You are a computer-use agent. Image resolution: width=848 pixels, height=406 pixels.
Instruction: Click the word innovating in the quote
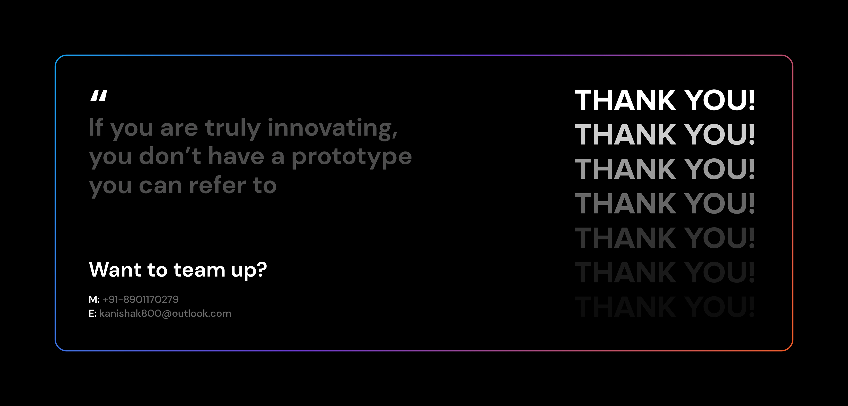[333, 128]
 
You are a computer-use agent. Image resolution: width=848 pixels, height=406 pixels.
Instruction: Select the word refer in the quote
[218, 185]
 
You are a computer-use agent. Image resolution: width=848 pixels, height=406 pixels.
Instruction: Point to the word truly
[233, 128]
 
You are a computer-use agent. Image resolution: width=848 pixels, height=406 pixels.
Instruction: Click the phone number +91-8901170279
[141, 299]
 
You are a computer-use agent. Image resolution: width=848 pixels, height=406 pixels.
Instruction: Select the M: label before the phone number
[94, 299]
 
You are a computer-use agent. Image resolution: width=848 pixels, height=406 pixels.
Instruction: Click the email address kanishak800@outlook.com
[165, 314]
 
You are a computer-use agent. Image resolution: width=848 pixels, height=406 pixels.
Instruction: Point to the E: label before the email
[93, 314]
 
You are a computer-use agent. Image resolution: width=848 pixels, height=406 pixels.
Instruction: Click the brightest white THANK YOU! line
[665, 100]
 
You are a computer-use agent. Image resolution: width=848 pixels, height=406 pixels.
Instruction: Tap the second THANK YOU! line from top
[665, 135]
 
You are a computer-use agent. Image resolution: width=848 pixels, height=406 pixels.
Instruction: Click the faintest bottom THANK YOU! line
[665, 307]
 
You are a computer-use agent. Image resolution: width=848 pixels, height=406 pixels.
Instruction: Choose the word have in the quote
[236, 156]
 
